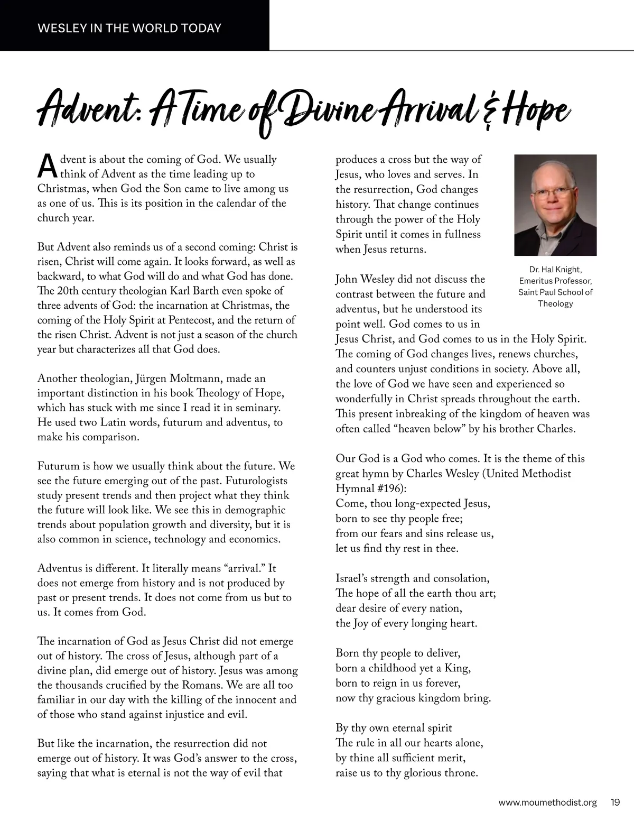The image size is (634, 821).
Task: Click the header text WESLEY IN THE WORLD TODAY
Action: [x=129, y=28]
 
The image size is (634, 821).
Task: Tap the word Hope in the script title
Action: [x=536, y=111]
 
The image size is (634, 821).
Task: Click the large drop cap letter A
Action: [x=47, y=166]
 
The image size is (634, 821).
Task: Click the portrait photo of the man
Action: [x=555, y=205]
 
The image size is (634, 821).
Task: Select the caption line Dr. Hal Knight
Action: [x=555, y=270]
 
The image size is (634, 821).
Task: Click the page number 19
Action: [x=615, y=802]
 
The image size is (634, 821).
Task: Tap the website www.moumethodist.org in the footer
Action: [x=547, y=802]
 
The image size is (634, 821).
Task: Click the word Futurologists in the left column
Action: [x=257, y=481]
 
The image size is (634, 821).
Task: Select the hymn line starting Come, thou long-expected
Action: [x=413, y=503]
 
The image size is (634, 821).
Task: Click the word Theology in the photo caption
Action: [x=555, y=303]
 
